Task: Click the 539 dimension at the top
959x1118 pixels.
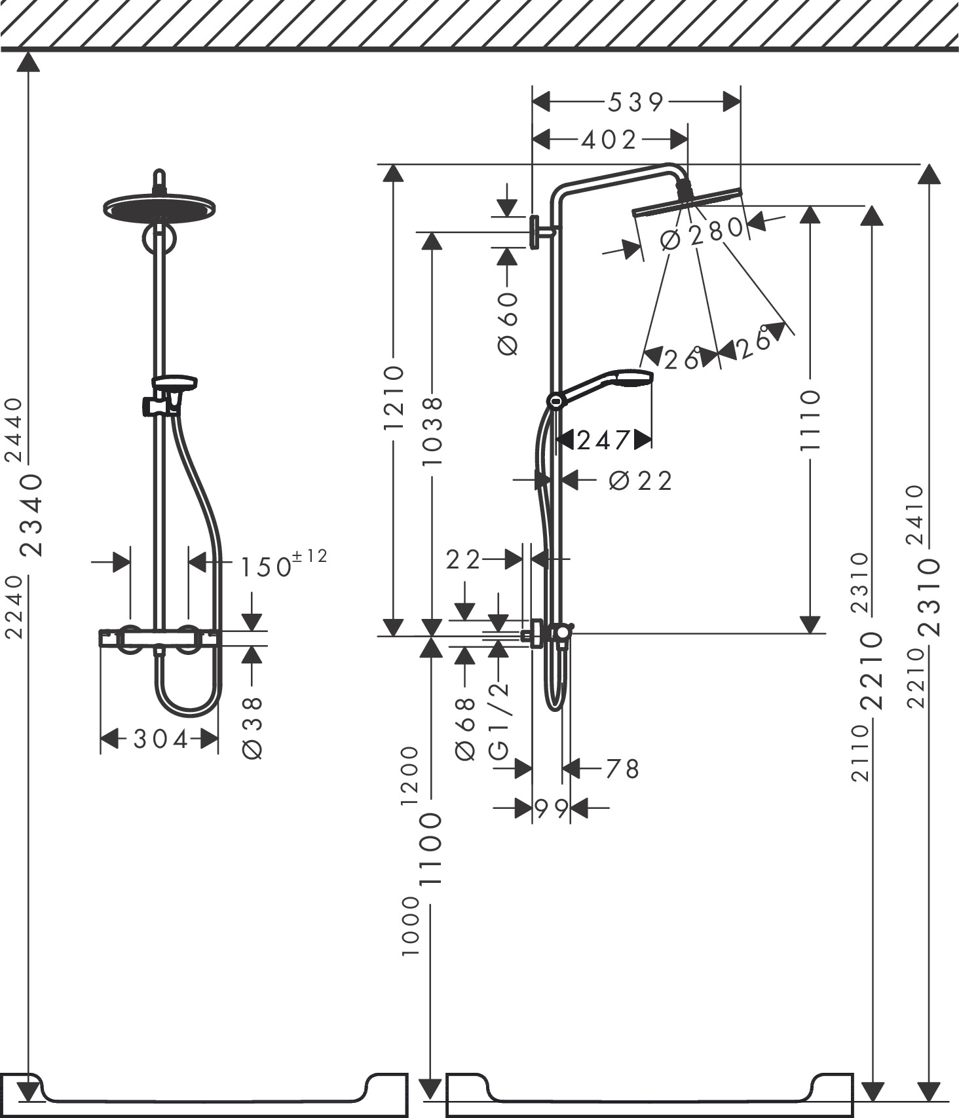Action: tap(636, 102)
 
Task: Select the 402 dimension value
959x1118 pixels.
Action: tap(609, 140)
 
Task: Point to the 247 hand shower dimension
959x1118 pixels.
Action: tap(603, 440)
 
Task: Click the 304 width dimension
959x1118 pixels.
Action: tap(160, 739)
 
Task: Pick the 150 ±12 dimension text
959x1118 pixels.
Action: tap(282, 564)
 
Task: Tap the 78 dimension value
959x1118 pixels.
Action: tap(622, 769)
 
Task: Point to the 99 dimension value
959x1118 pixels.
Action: tap(552, 810)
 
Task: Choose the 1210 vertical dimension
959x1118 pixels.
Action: tap(394, 398)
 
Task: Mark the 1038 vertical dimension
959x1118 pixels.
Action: tap(432, 431)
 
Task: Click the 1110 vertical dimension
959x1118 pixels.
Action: tap(810, 420)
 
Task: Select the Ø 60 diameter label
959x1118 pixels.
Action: tap(508, 324)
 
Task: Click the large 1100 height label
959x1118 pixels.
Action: tap(431, 849)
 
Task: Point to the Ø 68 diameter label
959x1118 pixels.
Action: tap(465, 729)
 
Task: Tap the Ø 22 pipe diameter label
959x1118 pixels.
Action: tap(640, 481)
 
